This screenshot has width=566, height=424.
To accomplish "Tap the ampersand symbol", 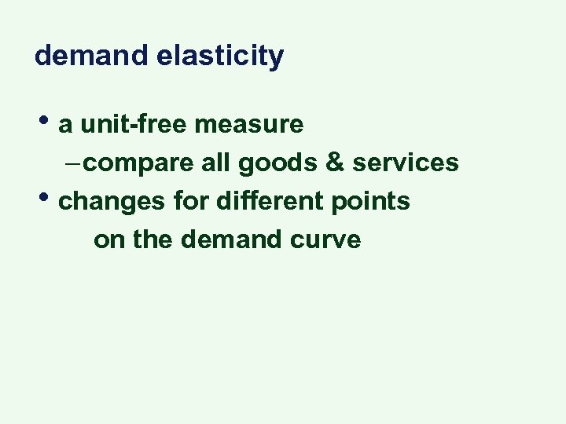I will pyautogui.click(x=333, y=163).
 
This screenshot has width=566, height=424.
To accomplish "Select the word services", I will pyautogui.click(x=406, y=163).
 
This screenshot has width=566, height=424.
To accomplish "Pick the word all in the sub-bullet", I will pyautogui.click(x=215, y=163).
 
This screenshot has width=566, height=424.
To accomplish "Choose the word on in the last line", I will pyautogui.click(x=109, y=239).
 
